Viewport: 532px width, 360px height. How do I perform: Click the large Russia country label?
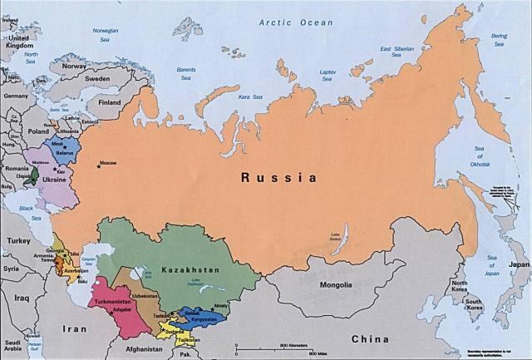(278, 177)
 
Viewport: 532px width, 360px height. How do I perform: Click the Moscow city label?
(107, 162)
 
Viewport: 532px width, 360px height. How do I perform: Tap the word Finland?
(110, 102)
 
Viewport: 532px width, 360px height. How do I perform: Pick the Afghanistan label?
(137, 350)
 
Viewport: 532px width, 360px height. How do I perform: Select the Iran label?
(73, 328)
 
